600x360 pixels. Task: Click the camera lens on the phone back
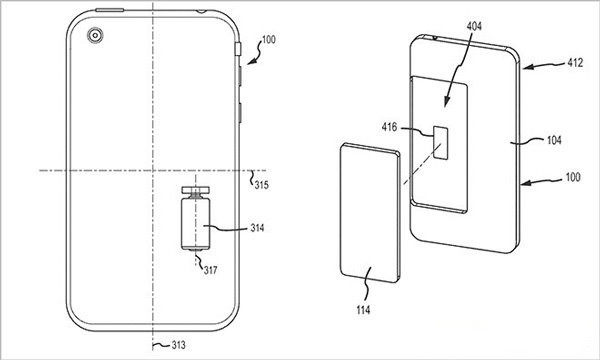point(95,36)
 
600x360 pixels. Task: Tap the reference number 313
point(178,345)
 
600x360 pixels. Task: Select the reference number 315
point(262,185)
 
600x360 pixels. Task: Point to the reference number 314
point(258,228)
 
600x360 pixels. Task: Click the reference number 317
point(210,270)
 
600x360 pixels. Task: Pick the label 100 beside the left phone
point(269,40)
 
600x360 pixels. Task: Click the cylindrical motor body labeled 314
point(196,224)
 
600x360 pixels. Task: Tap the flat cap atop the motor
point(196,189)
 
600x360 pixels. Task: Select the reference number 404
point(474,26)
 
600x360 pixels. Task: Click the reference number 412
point(576,62)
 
